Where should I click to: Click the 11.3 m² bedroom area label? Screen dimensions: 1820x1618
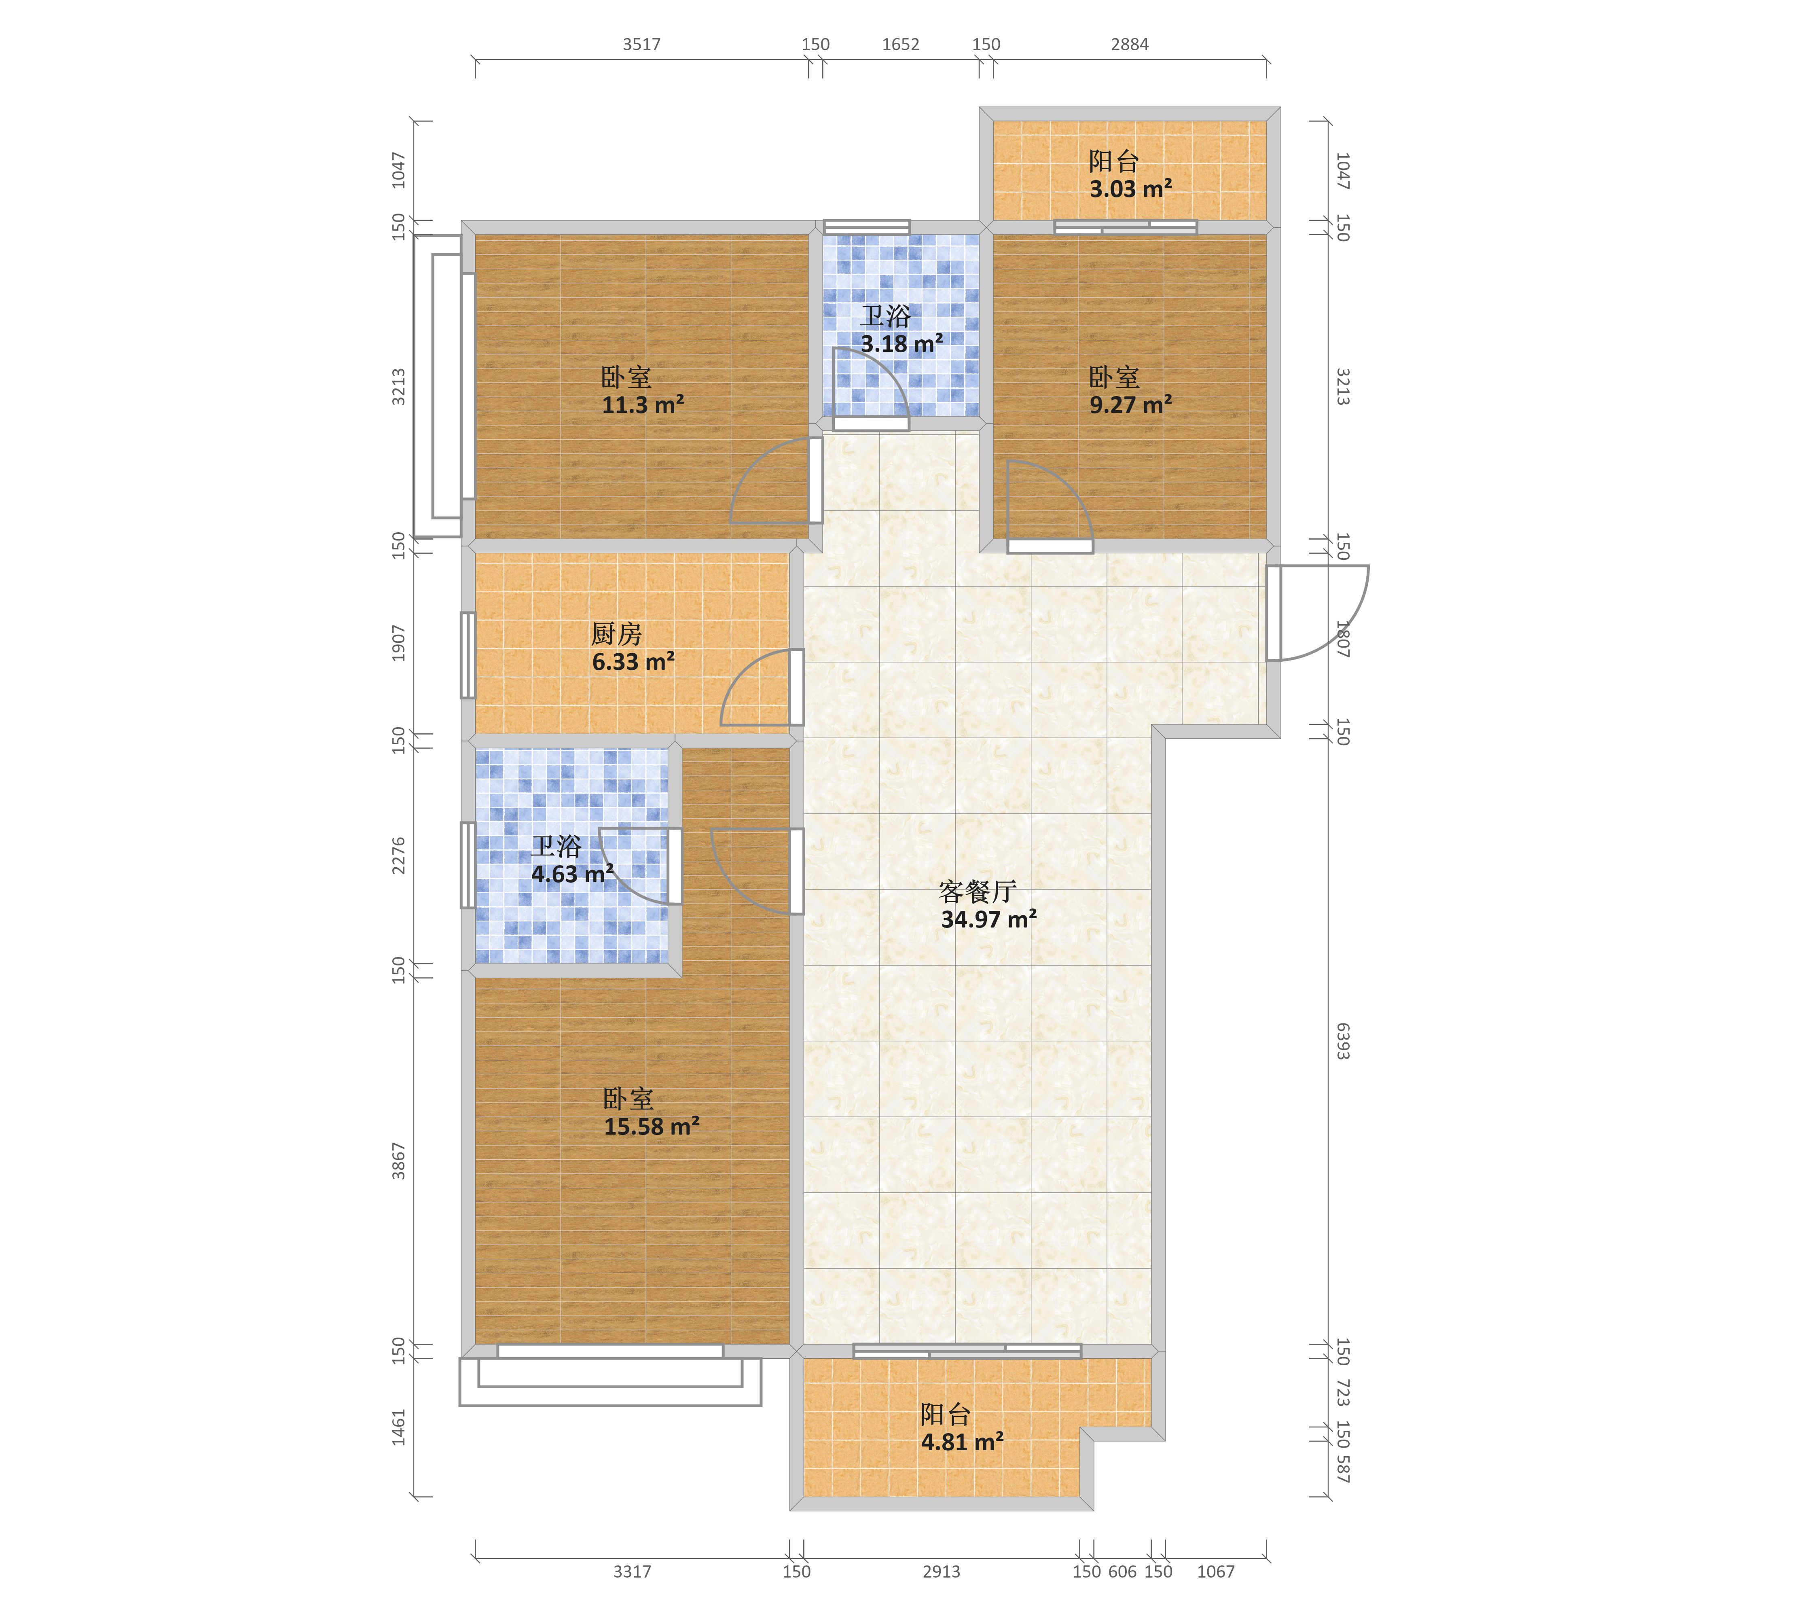pyautogui.click(x=643, y=405)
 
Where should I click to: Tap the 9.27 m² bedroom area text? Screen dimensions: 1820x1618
pyautogui.click(x=1131, y=405)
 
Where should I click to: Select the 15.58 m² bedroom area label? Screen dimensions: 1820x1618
pyautogui.click(x=652, y=1127)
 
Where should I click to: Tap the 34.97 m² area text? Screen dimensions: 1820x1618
pyautogui.click(x=988, y=920)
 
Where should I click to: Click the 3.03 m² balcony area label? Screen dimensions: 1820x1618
pyautogui.click(x=1131, y=189)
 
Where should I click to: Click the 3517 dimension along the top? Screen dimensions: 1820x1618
pyautogui.click(x=642, y=44)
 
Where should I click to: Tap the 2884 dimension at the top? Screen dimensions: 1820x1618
pyautogui.click(x=1130, y=44)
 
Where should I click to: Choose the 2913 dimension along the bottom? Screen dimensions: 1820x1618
pyautogui.click(x=941, y=1572)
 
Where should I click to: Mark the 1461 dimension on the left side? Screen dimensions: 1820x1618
pyautogui.click(x=399, y=1427)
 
